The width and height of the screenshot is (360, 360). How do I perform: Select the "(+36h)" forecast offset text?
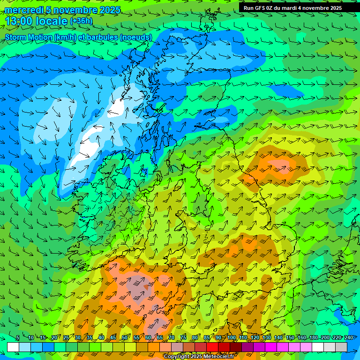81,21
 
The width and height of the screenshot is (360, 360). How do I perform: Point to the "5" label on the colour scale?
18,337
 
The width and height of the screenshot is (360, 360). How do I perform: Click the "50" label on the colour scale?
124,337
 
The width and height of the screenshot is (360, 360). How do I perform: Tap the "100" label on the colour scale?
231,337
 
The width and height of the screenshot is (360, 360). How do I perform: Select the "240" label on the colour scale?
349,337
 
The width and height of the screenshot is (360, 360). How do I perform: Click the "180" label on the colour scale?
314,337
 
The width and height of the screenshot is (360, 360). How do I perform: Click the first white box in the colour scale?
13,347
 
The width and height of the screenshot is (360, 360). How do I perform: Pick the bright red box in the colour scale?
212,347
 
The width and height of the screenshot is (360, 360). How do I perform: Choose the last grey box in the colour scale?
341,347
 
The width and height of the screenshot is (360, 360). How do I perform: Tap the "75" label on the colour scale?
183,337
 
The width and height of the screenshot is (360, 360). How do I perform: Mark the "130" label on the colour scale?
266,337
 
